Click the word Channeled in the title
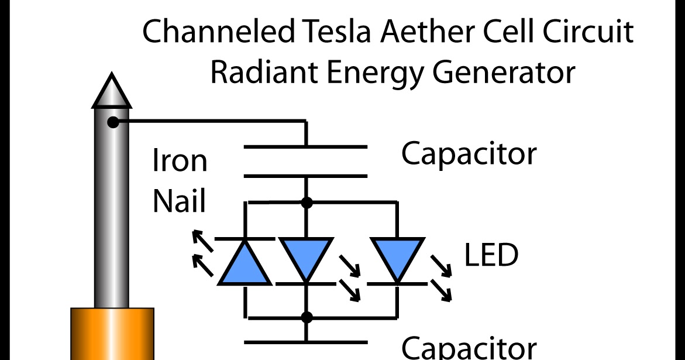click(x=219, y=32)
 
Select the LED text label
click(x=491, y=256)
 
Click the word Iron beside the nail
click(x=180, y=160)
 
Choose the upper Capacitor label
click(x=469, y=154)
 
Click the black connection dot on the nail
click(x=113, y=122)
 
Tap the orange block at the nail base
click(x=112, y=334)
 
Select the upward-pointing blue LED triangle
click(x=245, y=266)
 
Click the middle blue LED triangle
click(x=305, y=256)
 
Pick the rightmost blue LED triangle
click(x=397, y=256)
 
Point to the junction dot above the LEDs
click(x=305, y=203)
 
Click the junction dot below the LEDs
click(x=305, y=317)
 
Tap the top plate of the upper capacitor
click(x=305, y=146)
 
